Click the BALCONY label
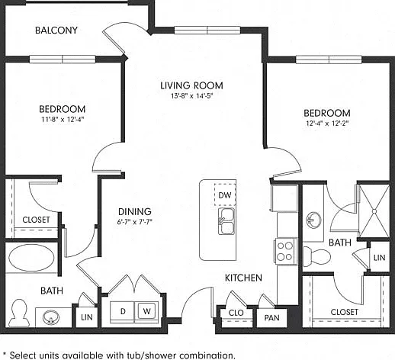click(x=56, y=31)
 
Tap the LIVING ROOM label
click(x=191, y=85)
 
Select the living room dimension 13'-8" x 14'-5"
click(x=191, y=96)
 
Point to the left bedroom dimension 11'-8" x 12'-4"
click(x=63, y=119)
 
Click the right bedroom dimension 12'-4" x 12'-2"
click(x=327, y=124)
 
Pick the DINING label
click(x=135, y=211)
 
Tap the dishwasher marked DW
click(x=225, y=194)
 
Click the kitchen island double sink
click(x=226, y=221)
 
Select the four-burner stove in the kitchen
click(x=285, y=251)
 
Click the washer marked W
click(x=146, y=311)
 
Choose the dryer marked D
click(x=123, y=312)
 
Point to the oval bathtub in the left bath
click(x=31, y=258)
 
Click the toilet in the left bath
click(x=18, y=313)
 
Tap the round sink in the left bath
click(x=51, y=317)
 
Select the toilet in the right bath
click(x=316, y=256)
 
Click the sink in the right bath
click(x=313, y=220)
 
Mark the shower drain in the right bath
click(x=374, y=211)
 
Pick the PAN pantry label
click(x=271, y=317)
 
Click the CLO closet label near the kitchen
click(x=236, y=313)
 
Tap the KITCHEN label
click(x=243, y=278)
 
